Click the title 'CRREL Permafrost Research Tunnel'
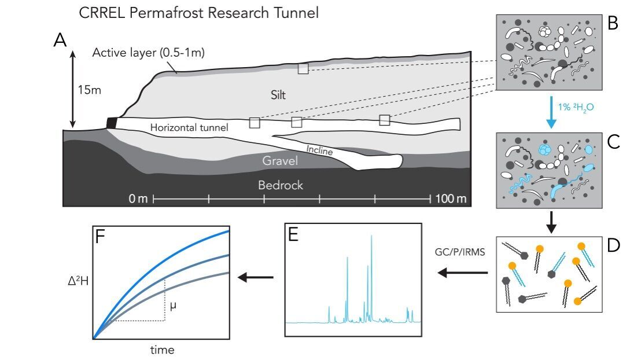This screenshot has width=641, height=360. point(198,13)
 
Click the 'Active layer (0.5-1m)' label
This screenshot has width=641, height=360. point(149,53)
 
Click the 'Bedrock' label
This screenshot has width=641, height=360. point(281,186)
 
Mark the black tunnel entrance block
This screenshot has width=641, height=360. point(112,123)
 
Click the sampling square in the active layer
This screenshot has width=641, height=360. point(303,68)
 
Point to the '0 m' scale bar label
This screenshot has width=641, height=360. point(139,199)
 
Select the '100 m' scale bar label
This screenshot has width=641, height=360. point(451,199)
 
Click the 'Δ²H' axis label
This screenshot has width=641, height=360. point(76,282)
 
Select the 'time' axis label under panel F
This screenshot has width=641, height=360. point(162,350)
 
